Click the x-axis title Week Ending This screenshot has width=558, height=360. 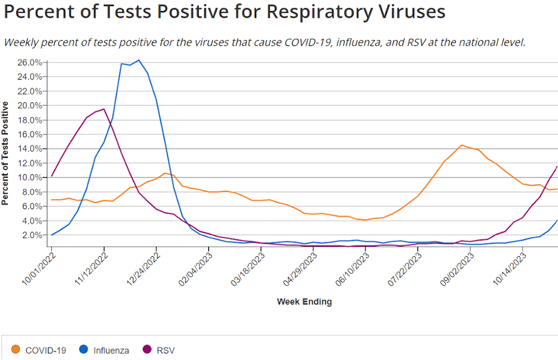[304, 302]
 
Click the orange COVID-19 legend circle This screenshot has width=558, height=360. [16, 350]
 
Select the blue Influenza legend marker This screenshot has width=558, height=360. [84, 350]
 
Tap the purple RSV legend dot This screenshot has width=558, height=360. [147, 350]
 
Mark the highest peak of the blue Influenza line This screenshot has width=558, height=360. [139, 60]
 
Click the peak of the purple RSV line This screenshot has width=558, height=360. [104, 109]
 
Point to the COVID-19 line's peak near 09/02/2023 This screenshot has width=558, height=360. [461, 145]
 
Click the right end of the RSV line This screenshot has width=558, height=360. [557, 166]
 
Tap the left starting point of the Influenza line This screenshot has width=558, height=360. [51, 235]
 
